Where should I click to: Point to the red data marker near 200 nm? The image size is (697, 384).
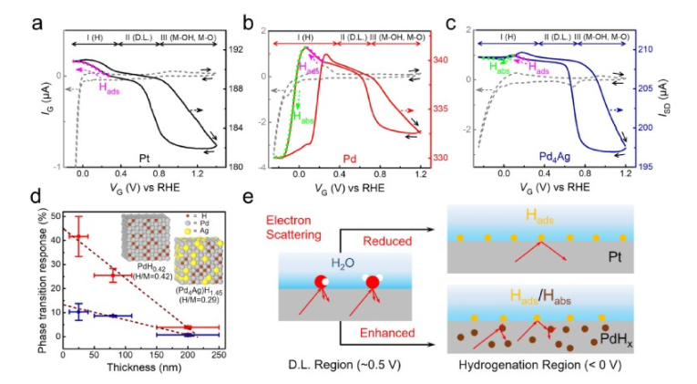[188, 327]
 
